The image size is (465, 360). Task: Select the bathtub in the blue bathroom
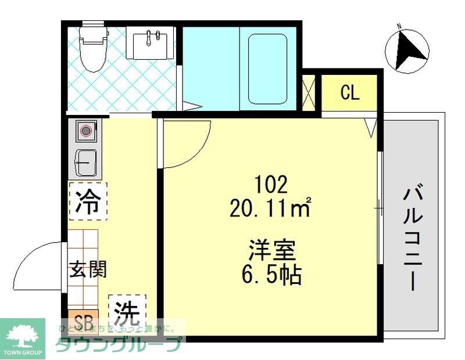(268, 69)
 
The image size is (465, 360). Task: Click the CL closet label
(350, 93)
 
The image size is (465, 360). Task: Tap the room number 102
(271, 185)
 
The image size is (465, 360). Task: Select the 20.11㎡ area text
(271, 207)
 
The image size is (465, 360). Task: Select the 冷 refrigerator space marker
(88, 202)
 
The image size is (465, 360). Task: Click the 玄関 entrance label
(88, 269)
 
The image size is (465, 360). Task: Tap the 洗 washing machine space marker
(127, 314)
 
